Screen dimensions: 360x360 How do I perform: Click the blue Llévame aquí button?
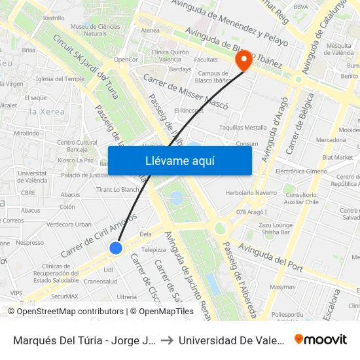179,160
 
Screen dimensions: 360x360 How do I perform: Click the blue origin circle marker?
116,247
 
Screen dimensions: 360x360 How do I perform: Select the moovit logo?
320,340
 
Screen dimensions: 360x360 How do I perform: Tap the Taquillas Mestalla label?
243,128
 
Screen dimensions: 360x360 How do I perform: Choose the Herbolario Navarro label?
251,193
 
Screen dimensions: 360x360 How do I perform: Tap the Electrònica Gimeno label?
301,171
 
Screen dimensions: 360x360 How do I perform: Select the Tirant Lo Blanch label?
118,190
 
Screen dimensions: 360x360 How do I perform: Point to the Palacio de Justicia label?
84,175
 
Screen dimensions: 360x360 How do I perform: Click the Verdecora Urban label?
70,224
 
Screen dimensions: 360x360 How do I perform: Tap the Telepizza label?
153,249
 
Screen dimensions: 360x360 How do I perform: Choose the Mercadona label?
331,140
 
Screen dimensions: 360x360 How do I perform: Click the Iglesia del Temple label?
61,79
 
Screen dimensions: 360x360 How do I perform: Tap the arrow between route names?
166,340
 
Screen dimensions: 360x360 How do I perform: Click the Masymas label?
282,287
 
